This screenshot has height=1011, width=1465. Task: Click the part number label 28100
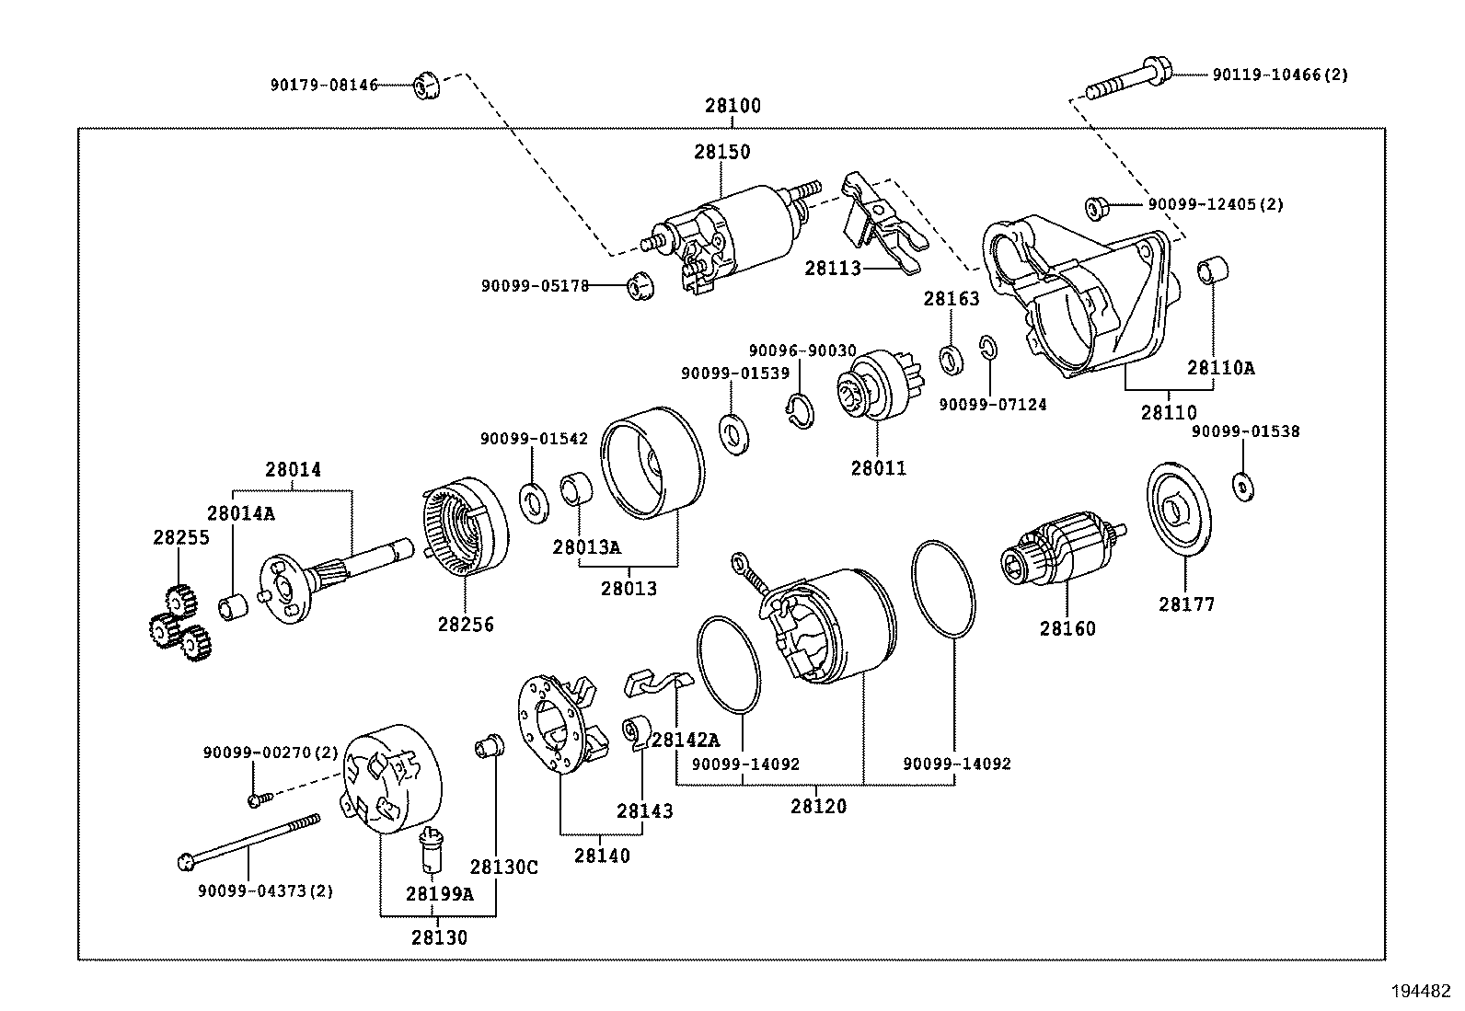click(732, 106)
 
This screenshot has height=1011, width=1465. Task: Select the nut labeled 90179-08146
click(424, 86)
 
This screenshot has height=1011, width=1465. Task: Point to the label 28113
click(832, 269)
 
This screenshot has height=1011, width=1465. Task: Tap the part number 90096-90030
click(802, 351)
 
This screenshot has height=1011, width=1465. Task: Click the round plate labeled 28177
click(1182, 511)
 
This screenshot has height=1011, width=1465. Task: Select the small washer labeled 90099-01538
click(1242, 486)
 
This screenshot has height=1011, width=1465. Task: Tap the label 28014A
click(240, 513)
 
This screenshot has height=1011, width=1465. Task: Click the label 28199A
click(439, 893)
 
